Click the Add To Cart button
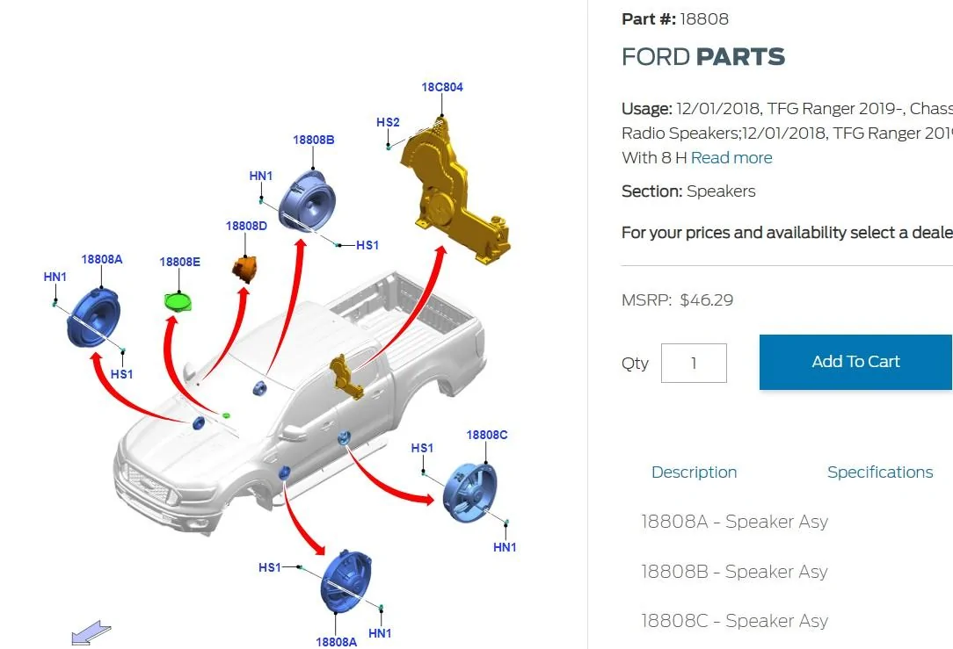tap(855, 362)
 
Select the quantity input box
tap(694, 363)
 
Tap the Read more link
tap(731, 158)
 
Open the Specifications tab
tap(880, 472)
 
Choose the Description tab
tap(694, 472)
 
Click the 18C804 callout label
tap(442, 88)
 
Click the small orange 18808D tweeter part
tap(245, 269)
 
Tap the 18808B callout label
tap(314, 141)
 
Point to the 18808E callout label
tap(180, 263)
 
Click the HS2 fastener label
tap(388, 123)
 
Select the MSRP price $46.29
tap(706, 300)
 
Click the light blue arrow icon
tap(91, 632)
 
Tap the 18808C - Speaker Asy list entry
tap(734, 621)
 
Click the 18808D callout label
tap(246, 227)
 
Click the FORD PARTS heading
tap(703, 57)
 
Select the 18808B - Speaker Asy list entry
tap(734, 572)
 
